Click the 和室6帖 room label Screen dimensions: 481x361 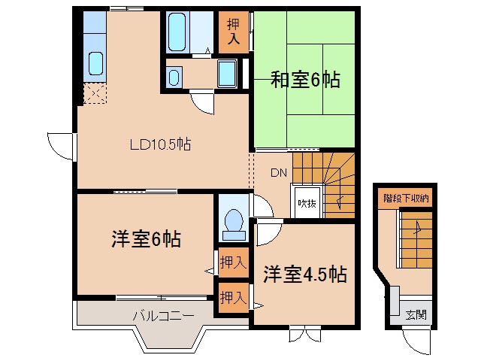click(305, 80)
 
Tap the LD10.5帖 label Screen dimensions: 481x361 click(160, 144)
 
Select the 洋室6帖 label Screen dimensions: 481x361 click(146, 238)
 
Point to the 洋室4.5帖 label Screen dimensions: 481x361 click(305, 274)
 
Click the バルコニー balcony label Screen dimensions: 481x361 click(164, 316)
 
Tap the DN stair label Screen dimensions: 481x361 click(279, 173)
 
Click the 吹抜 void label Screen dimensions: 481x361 click(307, 203)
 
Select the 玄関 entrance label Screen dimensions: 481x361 click(416, 314)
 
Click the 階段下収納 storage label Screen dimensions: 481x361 click(406, 199)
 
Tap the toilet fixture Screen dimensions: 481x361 click(234, 225)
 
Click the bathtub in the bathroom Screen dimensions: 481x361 click(177, 32)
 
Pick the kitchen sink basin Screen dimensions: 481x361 click(95, 63)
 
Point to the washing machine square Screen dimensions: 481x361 click(227, 74)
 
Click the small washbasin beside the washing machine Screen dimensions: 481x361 click(174, 77)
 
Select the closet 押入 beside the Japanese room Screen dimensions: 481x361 click(234, 32)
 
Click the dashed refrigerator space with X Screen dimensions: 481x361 click(95, 93)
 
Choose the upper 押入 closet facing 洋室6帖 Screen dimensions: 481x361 click(234, 262)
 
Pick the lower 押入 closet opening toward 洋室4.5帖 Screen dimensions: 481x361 click(234, 298)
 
